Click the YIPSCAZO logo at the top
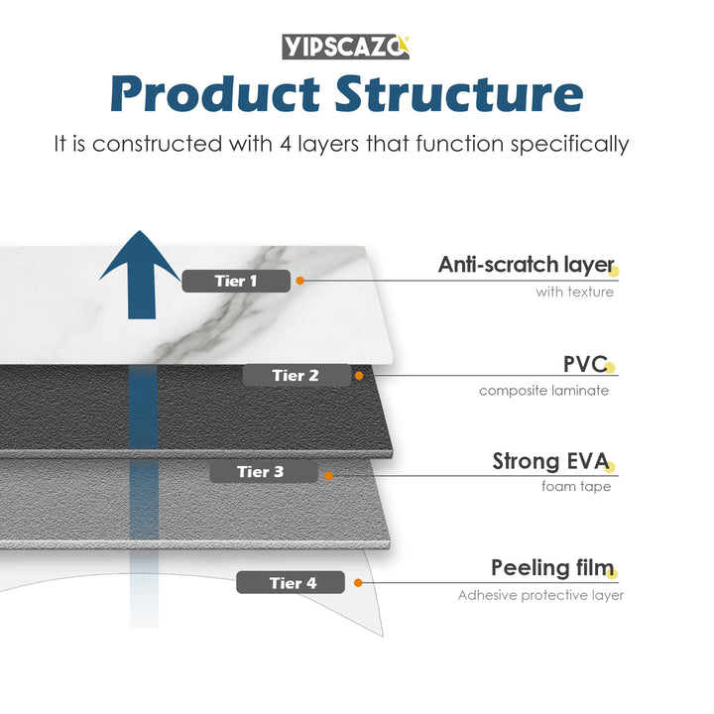click(345, 46)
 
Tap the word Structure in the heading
click(458, 94)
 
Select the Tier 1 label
click(236, 281)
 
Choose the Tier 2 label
click(296, 376)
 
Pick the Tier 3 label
click(261, 472)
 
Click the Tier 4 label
click(292, 583)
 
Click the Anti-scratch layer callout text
click(526, 265)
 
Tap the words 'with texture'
click(574, 292)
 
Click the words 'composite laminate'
click(543, 390)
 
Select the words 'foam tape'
click(576, 486)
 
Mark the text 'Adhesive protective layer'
click(539, 595)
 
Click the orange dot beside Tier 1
click(300, 281)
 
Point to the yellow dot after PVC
click(611, 368)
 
